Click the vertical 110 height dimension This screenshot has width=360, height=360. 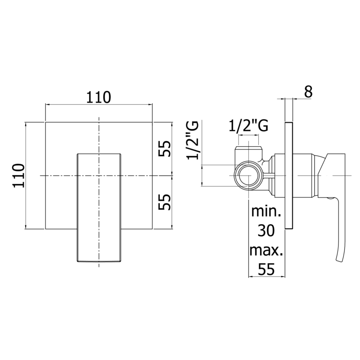pos(17,175)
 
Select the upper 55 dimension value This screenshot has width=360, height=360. pos(165,148)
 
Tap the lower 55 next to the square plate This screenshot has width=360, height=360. pos(165,202)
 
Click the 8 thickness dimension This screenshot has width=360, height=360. pos(308,91)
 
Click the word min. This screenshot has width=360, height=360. pos(267,212)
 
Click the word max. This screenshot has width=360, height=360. pos(267,251)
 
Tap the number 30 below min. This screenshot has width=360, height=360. pos(267,231)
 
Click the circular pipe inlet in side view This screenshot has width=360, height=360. pos(249,175)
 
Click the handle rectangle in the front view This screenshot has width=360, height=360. pos(99,207)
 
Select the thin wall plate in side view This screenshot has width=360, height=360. pos(289,175)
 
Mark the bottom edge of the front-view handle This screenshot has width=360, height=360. pos(99,262)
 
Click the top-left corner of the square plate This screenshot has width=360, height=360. pos(45,121)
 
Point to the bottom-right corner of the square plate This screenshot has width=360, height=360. pos(152,229)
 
